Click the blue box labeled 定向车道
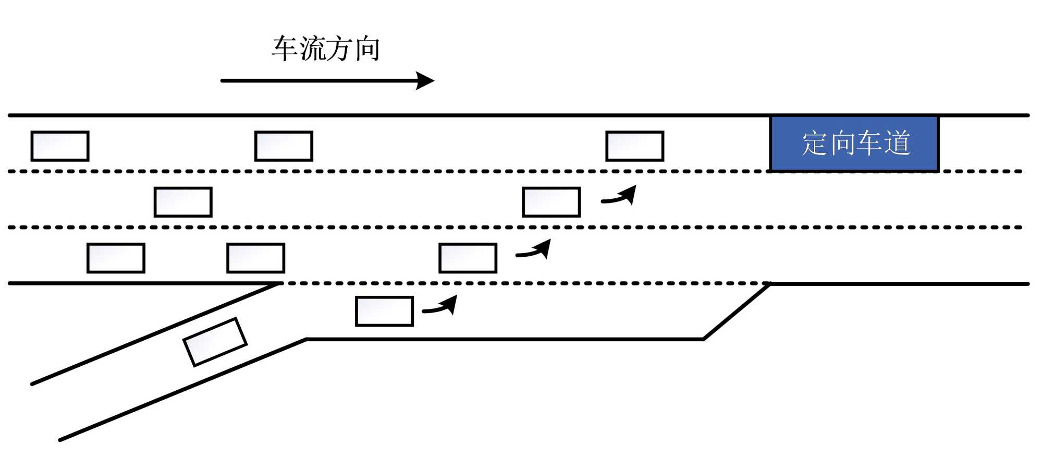click(854, 143)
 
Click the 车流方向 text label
click(326, 49)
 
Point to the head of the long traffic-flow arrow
click(426, 80)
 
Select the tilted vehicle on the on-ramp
click(215, 342)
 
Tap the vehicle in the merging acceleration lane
click(384, 311)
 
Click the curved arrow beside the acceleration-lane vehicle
click(441, 307)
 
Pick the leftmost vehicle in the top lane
click(60, 146)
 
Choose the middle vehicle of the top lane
click(284, 146)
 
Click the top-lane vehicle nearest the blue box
click(634, 146)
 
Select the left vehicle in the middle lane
click(183, 202)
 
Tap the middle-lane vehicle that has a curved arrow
click(551, 202)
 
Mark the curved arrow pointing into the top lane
click(620, 196)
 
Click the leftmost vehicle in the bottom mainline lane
click(116, 258)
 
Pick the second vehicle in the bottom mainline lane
click(255, 258)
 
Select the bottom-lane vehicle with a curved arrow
click(468, 258)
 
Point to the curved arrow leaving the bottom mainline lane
click(534, 251)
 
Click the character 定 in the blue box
click(815, 143)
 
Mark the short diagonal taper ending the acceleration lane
click(737, 312)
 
